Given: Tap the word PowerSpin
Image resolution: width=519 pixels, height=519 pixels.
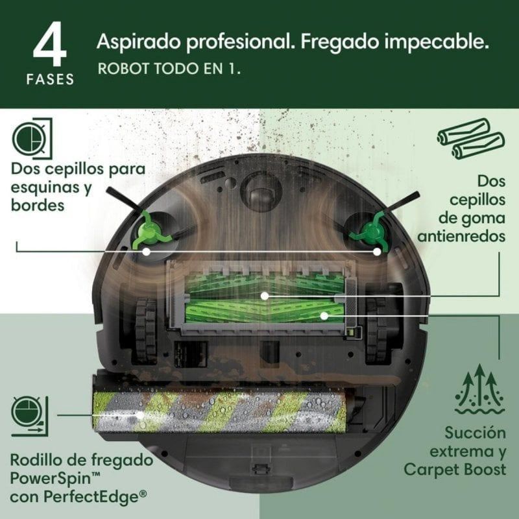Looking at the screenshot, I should click(x=48, y=478).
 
